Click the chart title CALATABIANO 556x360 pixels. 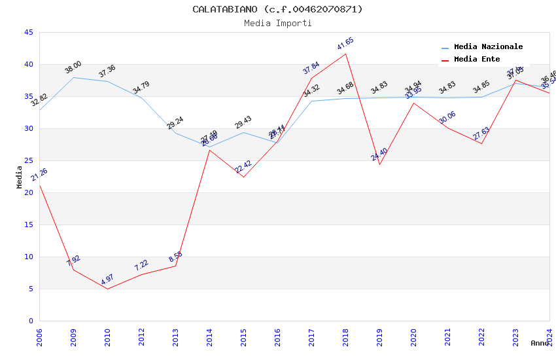click(x=277, y=9)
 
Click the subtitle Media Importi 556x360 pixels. click(x=277, y=23)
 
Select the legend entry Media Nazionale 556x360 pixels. click(x=488, y=46)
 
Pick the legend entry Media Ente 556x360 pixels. click(x=476, y=59)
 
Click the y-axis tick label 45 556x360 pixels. click(x=28, y=32)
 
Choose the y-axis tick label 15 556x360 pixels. click(x=28, y=225)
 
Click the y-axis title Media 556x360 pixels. click(x=20, y=177)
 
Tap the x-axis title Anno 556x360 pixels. click(x=540, y=343)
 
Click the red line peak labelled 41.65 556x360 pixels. click(x=345, y=54)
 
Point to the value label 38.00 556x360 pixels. click(x=73, y=67)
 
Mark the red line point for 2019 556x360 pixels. click(x=379, y=164)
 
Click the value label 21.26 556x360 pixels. click(x=39, y=175)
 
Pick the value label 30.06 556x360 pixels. click(x=447, y=118)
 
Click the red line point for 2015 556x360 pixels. click(x=243, y=177)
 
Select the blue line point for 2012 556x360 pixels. click(x=141, y=98)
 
